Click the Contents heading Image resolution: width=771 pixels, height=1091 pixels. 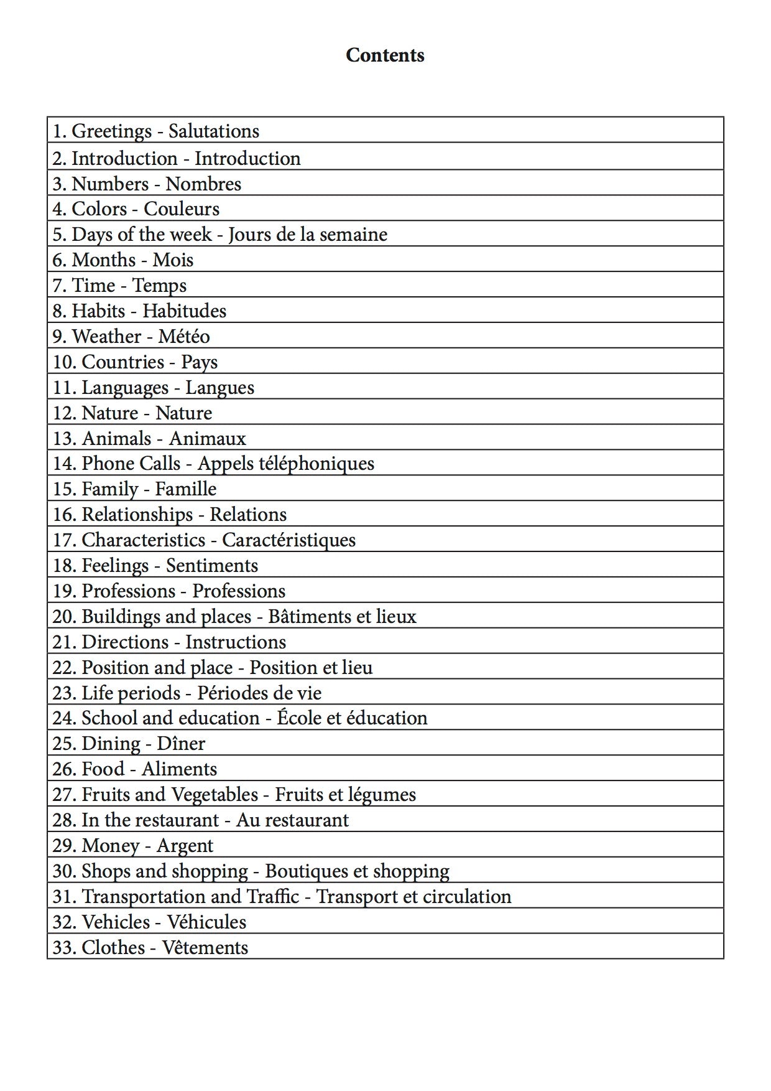[385, 55]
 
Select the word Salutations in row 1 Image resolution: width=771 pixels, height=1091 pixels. [213, 131]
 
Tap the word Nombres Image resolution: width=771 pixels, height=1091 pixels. [203, 184]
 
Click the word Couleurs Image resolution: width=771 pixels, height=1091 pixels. [182, 209]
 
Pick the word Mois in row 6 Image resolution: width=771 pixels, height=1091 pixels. [173, 260]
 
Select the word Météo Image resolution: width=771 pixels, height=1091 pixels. [183, 337]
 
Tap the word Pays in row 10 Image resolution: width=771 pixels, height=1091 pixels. [199, 362]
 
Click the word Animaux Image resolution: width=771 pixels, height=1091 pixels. [207, 439]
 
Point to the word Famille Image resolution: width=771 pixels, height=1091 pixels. [185, 489]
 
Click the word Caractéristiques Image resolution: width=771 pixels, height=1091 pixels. [289, 540]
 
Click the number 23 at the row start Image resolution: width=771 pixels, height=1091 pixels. [63, 693]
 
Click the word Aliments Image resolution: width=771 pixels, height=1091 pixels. [179, 769]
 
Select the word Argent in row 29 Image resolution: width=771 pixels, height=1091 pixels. [185, 846]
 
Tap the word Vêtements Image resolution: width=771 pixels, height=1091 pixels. [205, 948]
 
